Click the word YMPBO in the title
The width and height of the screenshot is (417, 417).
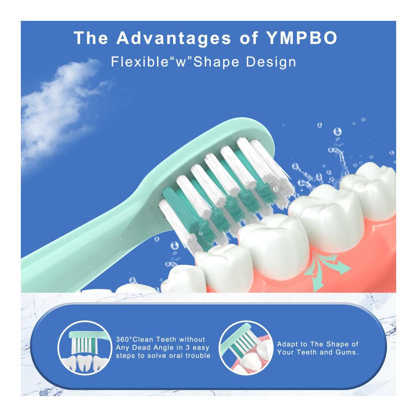pyautogui.click(x=301, y=38)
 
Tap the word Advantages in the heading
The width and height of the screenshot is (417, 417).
pyautogui.click(x=173, y=38)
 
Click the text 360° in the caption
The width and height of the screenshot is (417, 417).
pyautogui.click(x=124, y=339)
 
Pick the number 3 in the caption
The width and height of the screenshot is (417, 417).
pyautogui.click(x=188, y=348)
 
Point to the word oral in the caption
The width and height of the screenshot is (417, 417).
pyautogui.click(x=176, y=356)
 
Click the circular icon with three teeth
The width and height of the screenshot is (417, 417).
pyautogui.click(x=85, y=348)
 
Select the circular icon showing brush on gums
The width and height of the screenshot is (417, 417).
pyautogui.click(x=246, y=348)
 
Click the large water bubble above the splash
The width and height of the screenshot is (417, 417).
pyautogui.click(x=337, y=131)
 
